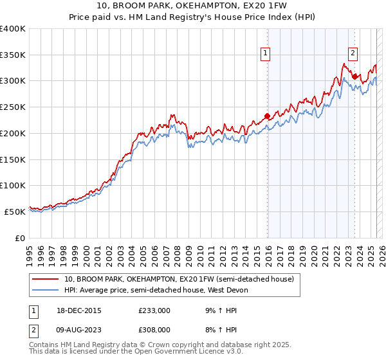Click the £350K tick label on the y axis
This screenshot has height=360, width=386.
[12, 55]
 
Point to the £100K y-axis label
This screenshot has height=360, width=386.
[12, 185]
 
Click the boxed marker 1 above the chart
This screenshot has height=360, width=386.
[266, 54]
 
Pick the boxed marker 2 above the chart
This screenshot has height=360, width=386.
[353, 54]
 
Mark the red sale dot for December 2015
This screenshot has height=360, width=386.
[267, 116]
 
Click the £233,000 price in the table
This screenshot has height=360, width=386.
[154, 310]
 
